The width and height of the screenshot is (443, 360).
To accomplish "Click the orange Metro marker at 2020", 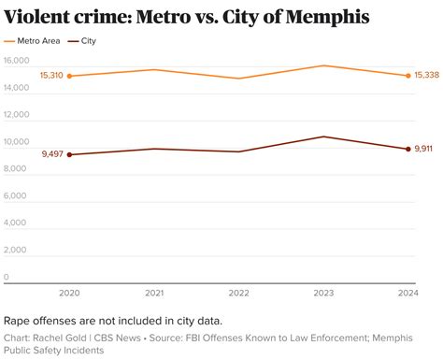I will pos(70,76).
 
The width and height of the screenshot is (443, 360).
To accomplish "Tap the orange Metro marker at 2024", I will pos(407,76).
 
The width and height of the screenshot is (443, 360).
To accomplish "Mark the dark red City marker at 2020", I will pos(70,154).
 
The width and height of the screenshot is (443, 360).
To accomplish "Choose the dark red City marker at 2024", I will pos(407,149).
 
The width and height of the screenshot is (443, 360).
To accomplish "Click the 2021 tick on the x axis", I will pos(154,292).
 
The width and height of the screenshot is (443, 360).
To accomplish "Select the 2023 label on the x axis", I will pos(322,292).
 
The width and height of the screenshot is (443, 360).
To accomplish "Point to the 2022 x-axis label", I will pos(238,292).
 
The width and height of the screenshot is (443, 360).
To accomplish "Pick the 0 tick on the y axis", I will pos(7,277).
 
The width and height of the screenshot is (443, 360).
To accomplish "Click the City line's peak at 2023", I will pos(322,137).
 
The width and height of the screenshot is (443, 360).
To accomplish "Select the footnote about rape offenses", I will pos(112,320).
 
